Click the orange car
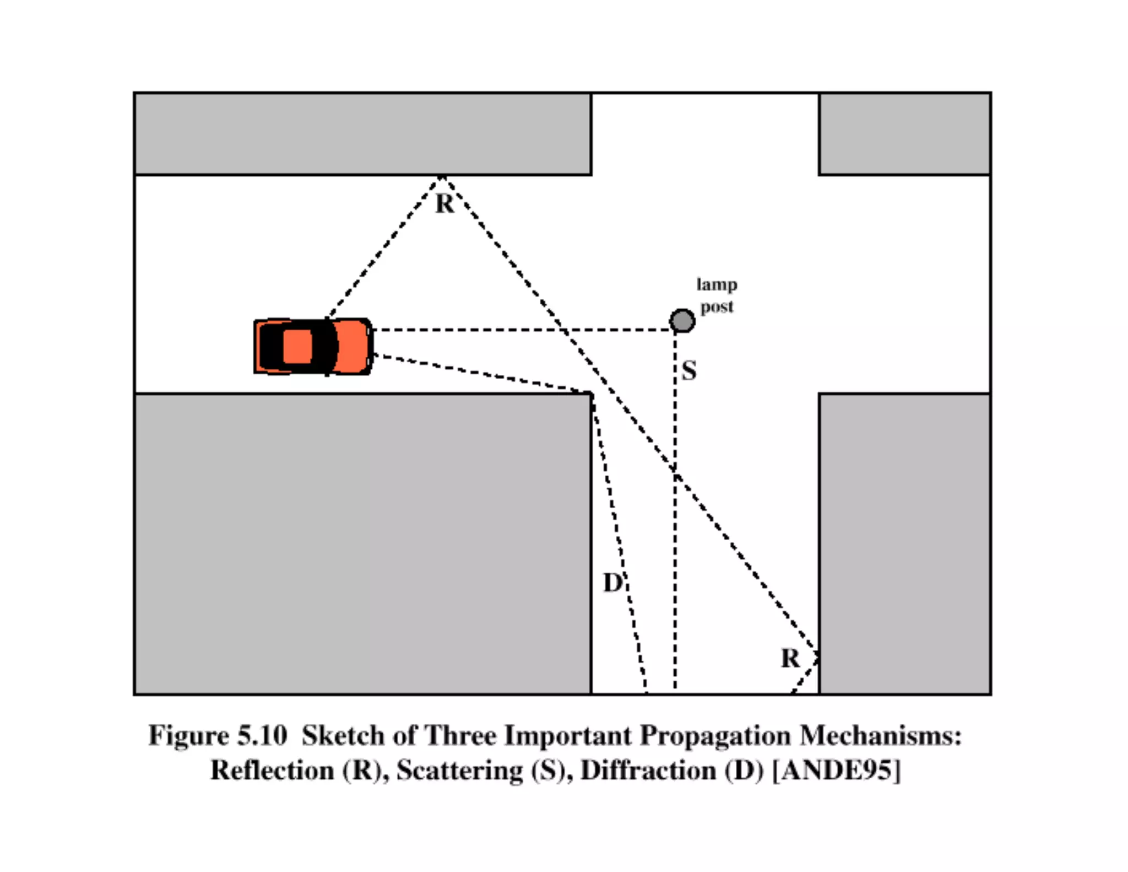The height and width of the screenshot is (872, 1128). click(x=312, y=347)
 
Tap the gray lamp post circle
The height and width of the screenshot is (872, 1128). click(x=682, y=321)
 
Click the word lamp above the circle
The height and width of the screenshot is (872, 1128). click(x=717, y=284)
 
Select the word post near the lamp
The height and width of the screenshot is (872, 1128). click(x=717, y=306)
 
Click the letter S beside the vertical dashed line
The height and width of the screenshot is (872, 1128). click(x=689, y=370)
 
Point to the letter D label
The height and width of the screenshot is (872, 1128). click(x=612, y=583)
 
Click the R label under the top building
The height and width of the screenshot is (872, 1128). click(x=445, y=204)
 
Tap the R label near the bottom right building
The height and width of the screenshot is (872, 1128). click(x=790, y=658)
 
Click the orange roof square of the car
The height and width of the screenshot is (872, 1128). click(x=297, y=347)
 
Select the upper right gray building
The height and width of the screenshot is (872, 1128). click(x=904, y=134)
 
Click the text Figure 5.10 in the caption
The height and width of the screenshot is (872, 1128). click(x=218, y=736)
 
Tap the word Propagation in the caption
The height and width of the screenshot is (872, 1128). click(x=715, y=736)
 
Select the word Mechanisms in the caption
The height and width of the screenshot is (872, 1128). click(x=880, y=736)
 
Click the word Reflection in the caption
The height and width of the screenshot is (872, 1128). click(x=273, y=771)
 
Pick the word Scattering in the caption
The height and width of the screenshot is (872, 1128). click(x=460, y=771)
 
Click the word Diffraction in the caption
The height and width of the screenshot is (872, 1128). click(x=649, y=771)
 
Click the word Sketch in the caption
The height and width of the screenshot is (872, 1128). click(x=343, y=736)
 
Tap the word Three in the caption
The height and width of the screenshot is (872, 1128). click(x=460, y=736)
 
